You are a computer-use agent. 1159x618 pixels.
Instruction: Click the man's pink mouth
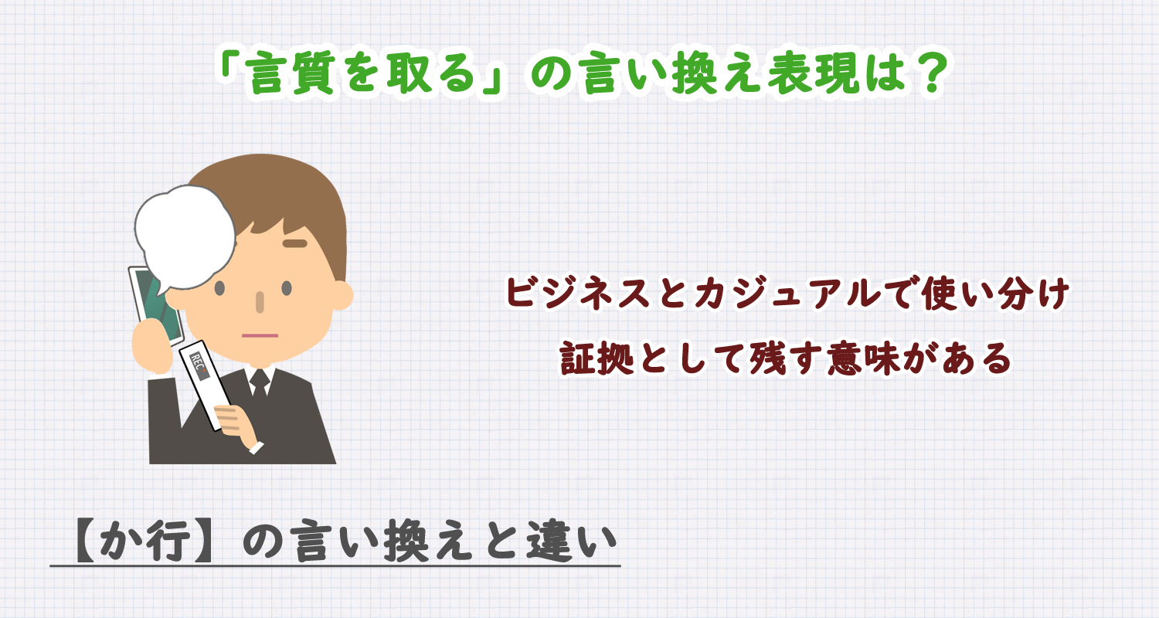[260, 335]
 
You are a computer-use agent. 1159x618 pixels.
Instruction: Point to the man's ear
[340, 294]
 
